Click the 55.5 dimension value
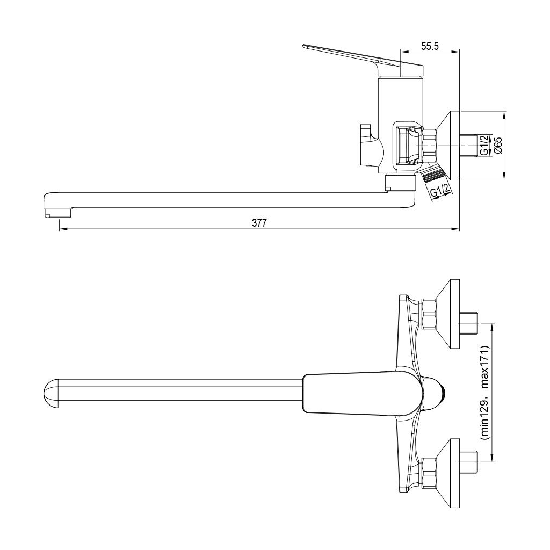(x=430, y=46)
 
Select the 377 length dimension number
(x=259, y=223)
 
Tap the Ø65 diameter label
(x=498, y=145)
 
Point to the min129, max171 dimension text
(x=485, y=393)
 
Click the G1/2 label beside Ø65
(x=484, y=145)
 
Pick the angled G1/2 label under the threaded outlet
(x=440, y=192)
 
